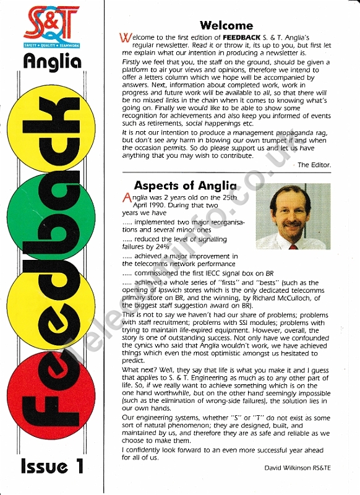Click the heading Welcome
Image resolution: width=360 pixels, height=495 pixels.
point(226,25)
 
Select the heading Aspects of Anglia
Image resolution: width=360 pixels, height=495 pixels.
point(185,185)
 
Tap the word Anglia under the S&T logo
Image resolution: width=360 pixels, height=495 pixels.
point(53,62)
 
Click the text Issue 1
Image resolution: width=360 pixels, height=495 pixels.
point(52,466)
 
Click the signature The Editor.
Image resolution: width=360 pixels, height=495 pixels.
point(314,165)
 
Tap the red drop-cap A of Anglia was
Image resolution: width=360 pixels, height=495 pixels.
point(127,198)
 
